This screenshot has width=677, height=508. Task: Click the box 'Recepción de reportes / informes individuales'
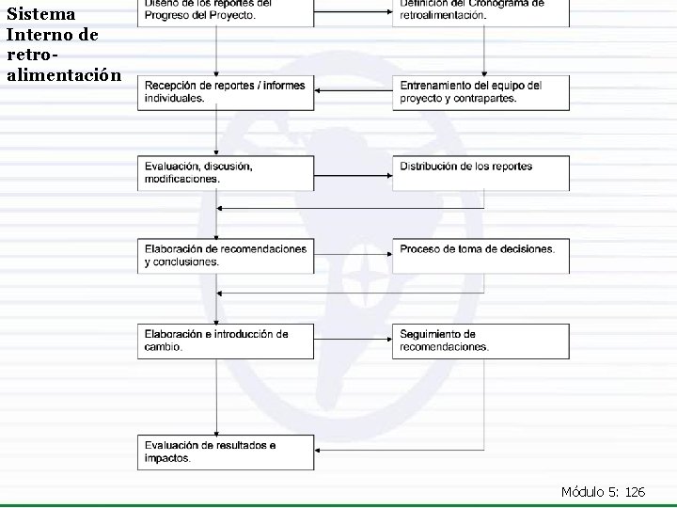(226, 91)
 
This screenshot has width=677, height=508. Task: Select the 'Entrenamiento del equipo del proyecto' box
(480, 91)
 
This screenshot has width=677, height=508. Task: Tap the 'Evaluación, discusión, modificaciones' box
(226, 172)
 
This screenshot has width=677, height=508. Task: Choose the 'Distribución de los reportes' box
(480, 172)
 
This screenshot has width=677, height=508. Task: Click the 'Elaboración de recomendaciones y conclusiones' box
(226, 255)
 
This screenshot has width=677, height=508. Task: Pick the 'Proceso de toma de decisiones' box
(480, 255)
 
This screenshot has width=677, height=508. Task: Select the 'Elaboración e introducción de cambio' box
(226, 340)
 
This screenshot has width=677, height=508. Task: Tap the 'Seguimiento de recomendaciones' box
(480, 340)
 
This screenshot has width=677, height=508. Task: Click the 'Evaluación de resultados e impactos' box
(226, 452)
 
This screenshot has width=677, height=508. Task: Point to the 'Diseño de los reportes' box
(226, 12)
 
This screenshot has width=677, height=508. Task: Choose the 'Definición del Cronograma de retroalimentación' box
(480, 12)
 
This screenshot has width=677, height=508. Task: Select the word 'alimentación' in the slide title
(63, 74)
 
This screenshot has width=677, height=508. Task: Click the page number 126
(634, 491)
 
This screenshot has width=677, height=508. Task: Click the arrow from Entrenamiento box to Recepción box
(354, 91)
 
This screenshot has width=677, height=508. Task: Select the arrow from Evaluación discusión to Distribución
(354, 172)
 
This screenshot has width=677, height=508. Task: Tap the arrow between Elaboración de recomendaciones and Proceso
(354, 255)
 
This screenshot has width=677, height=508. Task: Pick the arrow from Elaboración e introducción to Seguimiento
(354, 340)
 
